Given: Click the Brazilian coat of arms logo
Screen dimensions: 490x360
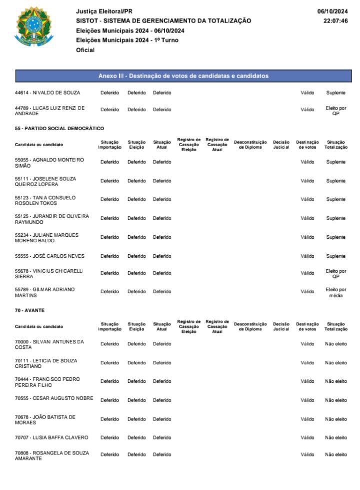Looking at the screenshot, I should coord(34,26).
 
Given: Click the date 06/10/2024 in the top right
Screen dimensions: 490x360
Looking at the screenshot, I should coord(332,12).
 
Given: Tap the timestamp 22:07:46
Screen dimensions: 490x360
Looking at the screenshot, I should coord(336,21).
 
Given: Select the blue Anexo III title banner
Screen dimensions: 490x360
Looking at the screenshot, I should coord(183,76).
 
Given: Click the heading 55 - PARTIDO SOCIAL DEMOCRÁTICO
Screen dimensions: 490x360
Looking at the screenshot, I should coord(59,129).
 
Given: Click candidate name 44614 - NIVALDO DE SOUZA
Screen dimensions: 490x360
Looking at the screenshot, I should coord(47,93).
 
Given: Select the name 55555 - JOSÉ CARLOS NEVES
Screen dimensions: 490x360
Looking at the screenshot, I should coord(50,256).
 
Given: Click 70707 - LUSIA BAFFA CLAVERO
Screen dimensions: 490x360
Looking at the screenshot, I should coord(51,437).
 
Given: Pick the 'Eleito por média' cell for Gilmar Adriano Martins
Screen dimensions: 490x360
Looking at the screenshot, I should coord(336,292).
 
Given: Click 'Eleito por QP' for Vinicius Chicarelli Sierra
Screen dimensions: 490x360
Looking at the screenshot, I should coord(336,274).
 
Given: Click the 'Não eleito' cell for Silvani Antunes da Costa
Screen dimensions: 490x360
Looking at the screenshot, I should coord(336,344).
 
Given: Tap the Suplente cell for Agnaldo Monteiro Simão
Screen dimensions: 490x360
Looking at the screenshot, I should coord(336,162).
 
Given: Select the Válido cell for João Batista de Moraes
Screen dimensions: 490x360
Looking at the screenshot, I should coord(307,419).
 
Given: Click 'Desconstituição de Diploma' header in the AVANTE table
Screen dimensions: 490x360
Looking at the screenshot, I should coord(250,326).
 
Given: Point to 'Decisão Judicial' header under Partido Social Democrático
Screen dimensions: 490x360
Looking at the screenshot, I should coord(281,144).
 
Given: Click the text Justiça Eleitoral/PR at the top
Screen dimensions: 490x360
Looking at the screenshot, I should coord(104,12).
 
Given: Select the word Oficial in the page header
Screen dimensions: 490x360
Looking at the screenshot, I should coord(85,50).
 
